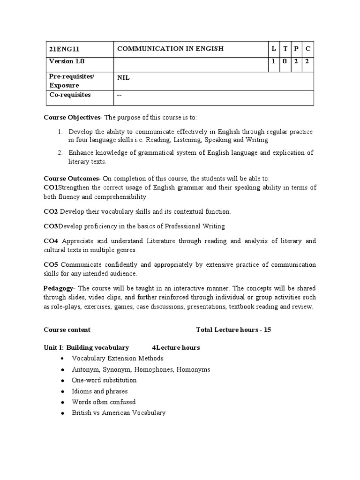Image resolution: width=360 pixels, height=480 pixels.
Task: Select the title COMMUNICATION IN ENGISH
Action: tap(170, 48)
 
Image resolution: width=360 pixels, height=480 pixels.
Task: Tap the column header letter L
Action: tap(273, 48)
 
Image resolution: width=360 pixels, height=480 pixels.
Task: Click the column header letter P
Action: tap(296, 48)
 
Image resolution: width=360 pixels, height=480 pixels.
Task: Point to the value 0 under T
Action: tap(285, 61)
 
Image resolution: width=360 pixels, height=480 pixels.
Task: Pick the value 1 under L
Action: tap(273, 61)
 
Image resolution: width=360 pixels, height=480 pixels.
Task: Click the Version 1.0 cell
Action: tap(67, 61)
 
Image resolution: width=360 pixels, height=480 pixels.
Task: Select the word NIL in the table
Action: tap(123, 77)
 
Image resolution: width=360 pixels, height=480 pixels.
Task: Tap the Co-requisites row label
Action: tap(70, 95)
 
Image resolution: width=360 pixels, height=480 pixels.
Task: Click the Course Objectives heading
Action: tap(72, 117)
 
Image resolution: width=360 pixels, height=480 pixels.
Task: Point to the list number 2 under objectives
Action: tap(60, 153)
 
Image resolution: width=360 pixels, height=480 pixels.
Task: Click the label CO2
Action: tap(51, 212)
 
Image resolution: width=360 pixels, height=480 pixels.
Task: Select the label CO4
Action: tap(51, 241)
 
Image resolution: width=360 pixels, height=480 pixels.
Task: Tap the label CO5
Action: tap(51, 265)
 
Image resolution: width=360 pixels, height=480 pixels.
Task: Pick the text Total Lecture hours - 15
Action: tap(233, 330)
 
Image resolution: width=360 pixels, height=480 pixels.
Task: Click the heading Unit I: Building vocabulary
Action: tap(86, 347)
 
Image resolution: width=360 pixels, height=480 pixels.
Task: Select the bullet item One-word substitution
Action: tap(104, 380)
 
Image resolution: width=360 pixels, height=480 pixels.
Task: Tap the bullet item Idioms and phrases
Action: tap(99, 391)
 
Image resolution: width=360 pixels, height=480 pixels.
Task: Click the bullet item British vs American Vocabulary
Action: tap(119, 412)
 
